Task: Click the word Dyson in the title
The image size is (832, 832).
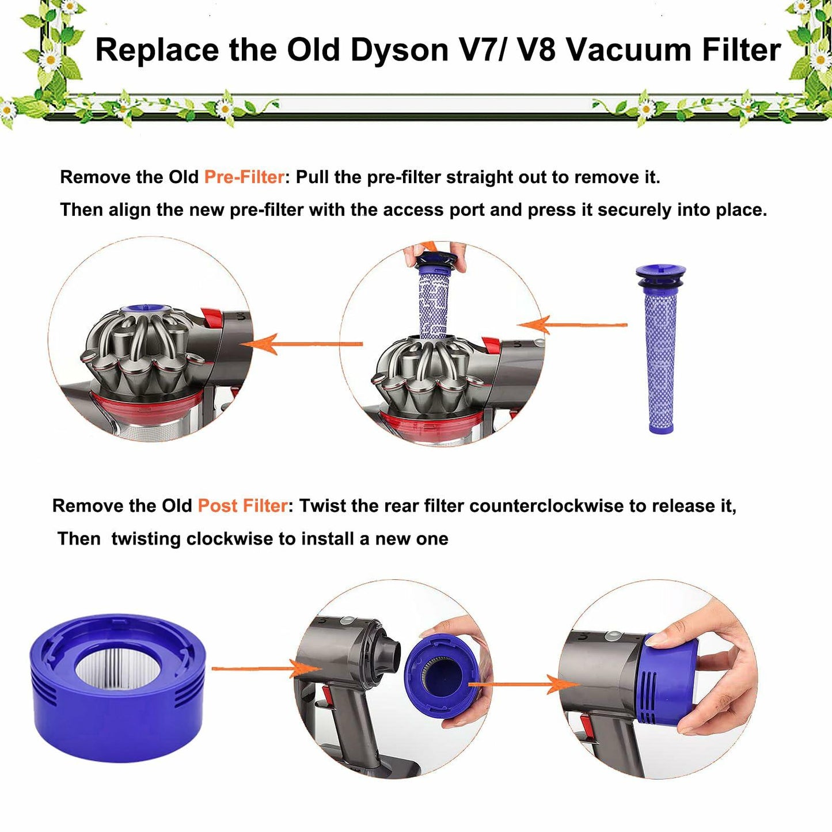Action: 399,50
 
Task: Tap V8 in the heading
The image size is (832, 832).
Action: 536,50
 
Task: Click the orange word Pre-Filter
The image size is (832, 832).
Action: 244,177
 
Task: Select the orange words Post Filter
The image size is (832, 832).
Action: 242,506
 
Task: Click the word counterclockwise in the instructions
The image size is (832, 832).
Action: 546,506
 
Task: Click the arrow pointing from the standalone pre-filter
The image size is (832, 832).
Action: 572,325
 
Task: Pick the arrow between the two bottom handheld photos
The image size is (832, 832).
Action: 522,685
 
